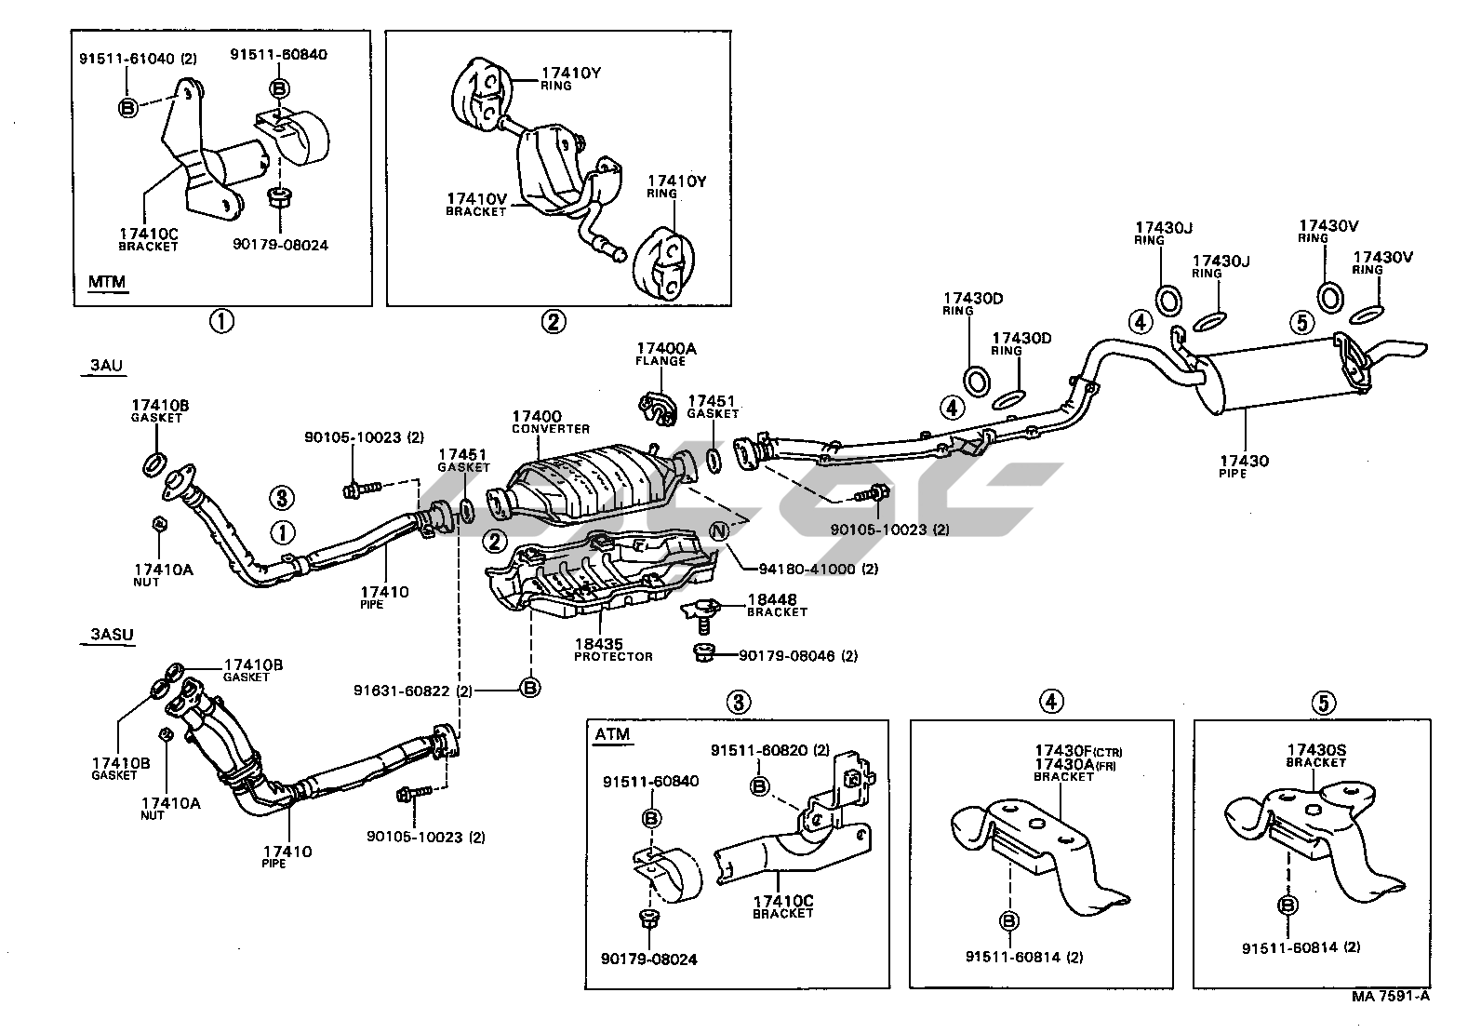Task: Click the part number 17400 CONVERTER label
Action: click(550, 422)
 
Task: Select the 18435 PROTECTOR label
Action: click(613, 649)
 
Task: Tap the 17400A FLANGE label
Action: click(666, 354)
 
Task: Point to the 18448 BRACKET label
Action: click(777, 605)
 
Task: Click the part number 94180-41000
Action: click(806, 569)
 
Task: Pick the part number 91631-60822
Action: click(414, 691)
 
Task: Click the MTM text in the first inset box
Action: click(107, 281)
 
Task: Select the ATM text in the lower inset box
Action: click(611, 734)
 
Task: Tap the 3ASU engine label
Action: click(112, 636)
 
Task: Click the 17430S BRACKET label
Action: click(1316, 754)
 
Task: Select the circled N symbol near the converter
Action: click(720, 531)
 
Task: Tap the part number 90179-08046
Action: click(797, 655)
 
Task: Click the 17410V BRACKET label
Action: click(476, 204)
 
